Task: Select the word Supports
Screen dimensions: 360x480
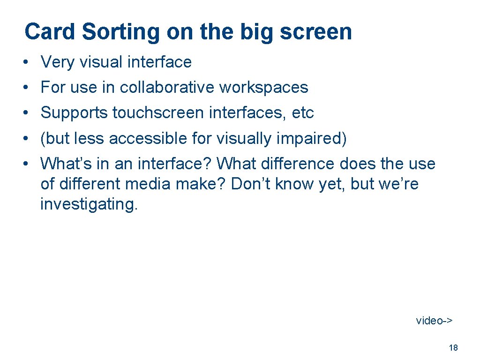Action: pyautogui.click(x=75, y=113)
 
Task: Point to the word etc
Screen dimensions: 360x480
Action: pyautogui.click(x=303, y=113)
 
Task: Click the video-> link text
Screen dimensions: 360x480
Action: pyautogui.click(x=434, y=321)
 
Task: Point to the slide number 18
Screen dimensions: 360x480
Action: pyautogui.click(x=453, y=348)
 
